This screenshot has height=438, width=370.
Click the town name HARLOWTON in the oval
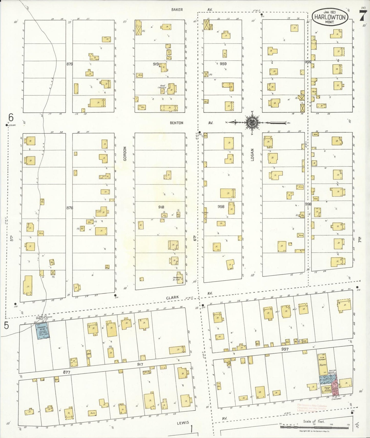[330, 17]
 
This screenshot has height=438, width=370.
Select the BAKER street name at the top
[177, 10]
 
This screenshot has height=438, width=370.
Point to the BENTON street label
[177, 123]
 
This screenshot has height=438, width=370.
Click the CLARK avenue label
[172, 298]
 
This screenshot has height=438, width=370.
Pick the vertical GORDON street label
[125, 154]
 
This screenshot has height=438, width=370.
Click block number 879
[69, 64]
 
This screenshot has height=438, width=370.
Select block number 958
[221, 206]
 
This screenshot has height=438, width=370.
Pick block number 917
[140, 364]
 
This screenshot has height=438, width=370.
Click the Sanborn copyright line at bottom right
[314, 431]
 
